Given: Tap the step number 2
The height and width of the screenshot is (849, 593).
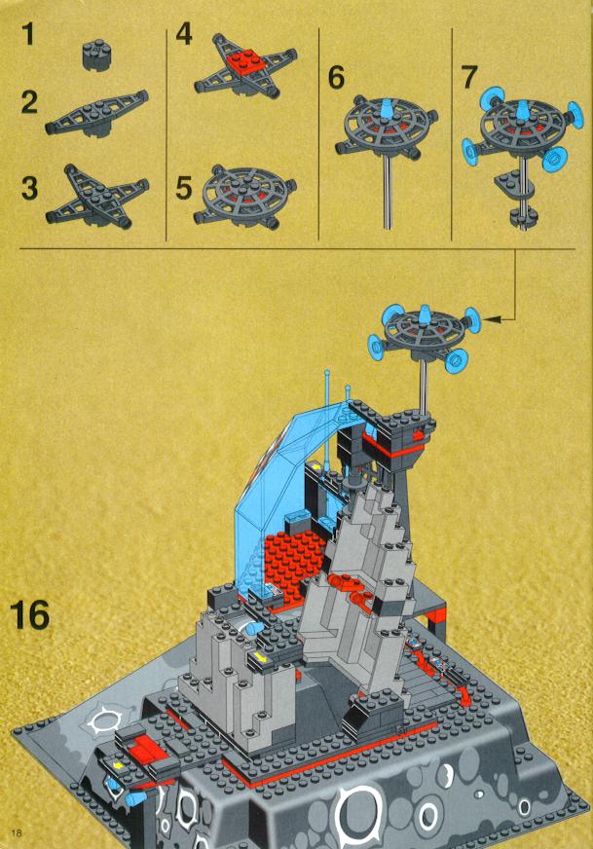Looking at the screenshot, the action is (x=30, y=102).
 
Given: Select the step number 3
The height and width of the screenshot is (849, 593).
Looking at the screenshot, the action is (x=30, y=187).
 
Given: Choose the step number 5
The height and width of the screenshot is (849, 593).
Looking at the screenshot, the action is (x=184, y=187).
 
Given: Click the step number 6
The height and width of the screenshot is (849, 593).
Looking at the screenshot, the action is (x=336, y=77).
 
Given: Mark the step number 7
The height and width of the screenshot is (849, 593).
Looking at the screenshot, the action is (x=469, y=77).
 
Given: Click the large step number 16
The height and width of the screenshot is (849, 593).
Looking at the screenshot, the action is (x=30, y=614).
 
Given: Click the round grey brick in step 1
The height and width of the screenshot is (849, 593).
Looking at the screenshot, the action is (x=93, y=55).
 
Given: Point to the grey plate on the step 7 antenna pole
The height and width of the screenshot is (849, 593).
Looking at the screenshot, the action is (x=513, y=185).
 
